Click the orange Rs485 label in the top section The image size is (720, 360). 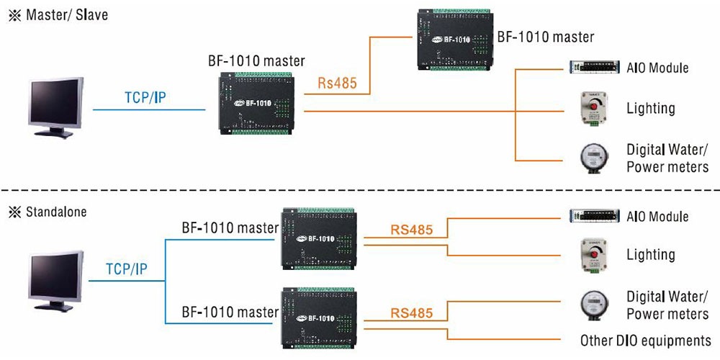pos(338,83)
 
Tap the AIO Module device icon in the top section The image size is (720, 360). pos(595,68)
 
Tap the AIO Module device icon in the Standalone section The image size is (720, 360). pos(595,216)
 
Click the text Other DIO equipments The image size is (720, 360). pos(645,341)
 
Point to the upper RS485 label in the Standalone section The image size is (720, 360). pos(411,230)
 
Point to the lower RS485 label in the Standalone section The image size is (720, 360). pos(411,313)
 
